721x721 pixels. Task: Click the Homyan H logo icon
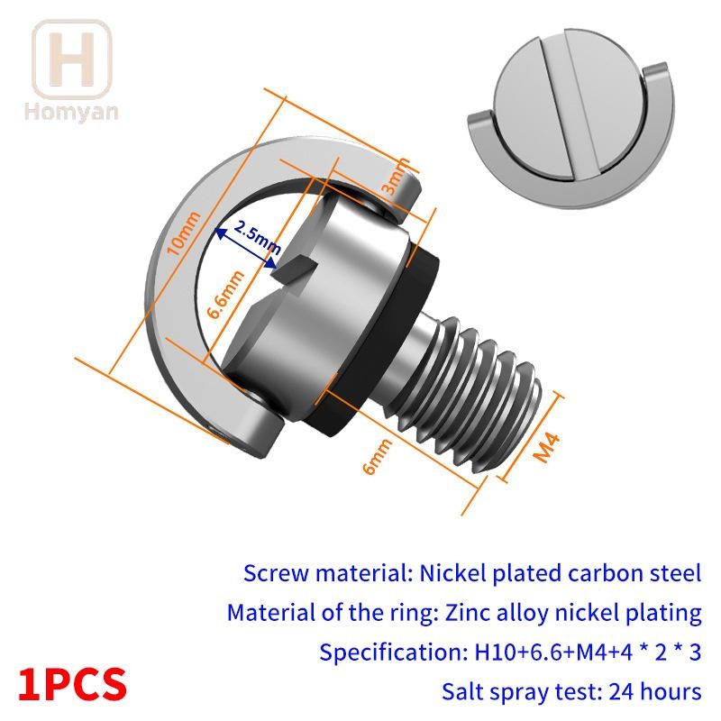pos(72,59)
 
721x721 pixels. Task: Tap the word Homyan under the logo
pos(71,113)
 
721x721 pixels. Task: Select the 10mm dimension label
pos(184,233)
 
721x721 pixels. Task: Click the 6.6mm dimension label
pos(224,295)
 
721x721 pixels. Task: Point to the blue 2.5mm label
pos(257,236)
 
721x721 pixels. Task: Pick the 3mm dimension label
pos(395,177)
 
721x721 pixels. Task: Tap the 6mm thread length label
pos(377,456)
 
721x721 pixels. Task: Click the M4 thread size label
pos(546,447)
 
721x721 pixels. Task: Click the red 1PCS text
pos(73,685)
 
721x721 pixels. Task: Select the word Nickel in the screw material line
pos(452,573)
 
